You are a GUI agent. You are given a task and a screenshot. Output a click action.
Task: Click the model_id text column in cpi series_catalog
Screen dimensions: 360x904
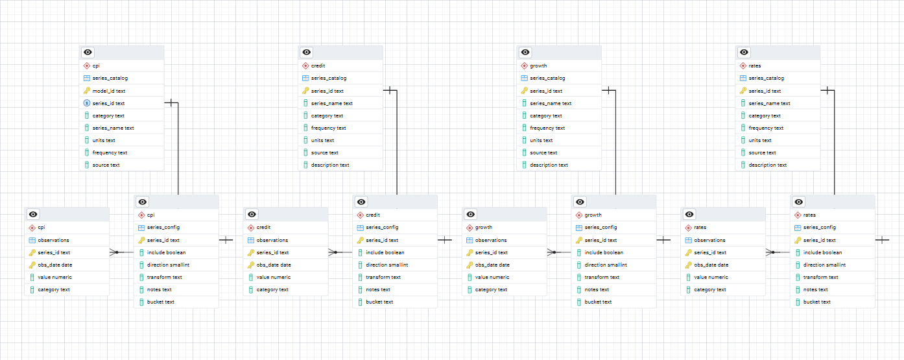pyautogui.click(x=109, y=91)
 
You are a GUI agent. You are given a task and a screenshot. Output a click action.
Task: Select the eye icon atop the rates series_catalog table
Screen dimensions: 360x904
pyautogui.click(x=744, y=53)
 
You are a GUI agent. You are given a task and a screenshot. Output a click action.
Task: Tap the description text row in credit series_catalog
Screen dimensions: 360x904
pyautogui.click(x=330, y=165)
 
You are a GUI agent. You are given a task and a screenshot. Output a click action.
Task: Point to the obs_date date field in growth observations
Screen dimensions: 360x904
pyautogui.click(x=492, y=265)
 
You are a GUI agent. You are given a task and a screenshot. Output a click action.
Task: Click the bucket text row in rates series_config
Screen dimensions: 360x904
pyautogui.click(x=816, y=302)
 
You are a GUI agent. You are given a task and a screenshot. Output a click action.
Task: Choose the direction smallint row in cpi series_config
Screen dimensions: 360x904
pyautogui.click(x=168, y=265)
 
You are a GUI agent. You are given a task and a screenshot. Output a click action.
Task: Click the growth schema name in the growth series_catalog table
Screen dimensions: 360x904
pyautogui.click(x=538, y=66)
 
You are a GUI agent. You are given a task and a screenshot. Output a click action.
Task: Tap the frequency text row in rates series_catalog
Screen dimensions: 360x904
pyautogui.click(x=767, y=128)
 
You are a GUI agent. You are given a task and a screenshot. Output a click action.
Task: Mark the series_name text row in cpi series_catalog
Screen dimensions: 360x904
pyautogui.click(x=113, y=128)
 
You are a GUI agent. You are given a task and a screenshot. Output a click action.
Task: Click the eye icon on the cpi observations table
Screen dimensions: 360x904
pyautogui.click(x=34, y=215)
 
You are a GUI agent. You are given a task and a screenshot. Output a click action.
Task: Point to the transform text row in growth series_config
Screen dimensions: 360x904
pyautogui.click(x=602, y=277)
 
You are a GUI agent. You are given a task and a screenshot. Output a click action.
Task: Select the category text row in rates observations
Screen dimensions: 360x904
pyautogui.click(x=710, y=289)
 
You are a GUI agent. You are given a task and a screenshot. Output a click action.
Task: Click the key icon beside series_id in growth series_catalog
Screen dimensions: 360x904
pyautogui.click(x=524, y=91)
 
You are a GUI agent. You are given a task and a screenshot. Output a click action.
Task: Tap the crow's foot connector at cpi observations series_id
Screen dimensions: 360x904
pyautogui.click(x=114, y=252)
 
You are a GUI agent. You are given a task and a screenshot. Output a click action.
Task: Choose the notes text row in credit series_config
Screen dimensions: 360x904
pyautogui.click(x=379, y=289)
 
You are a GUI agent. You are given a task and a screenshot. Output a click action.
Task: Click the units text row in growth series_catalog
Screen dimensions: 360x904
pyautogui.click(x=541, y=140)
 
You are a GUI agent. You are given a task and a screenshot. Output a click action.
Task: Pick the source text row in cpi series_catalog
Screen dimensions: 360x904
pyautogui.click(x=106, y=165)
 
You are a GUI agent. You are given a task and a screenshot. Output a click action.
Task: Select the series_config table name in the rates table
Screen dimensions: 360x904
pyautogui.click(x=819, y=227)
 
